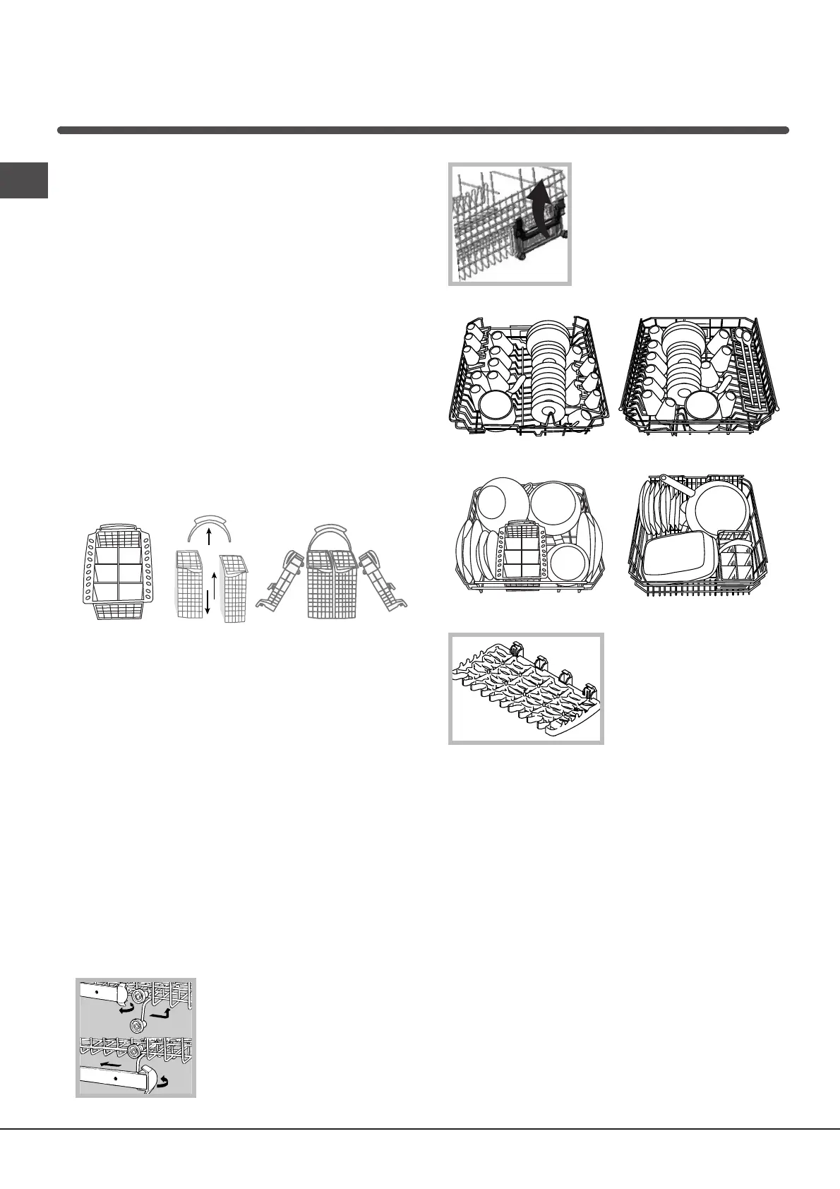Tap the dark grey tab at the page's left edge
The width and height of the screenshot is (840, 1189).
tap(23, 181)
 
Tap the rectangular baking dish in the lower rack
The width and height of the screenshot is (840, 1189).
tap(678, 554)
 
